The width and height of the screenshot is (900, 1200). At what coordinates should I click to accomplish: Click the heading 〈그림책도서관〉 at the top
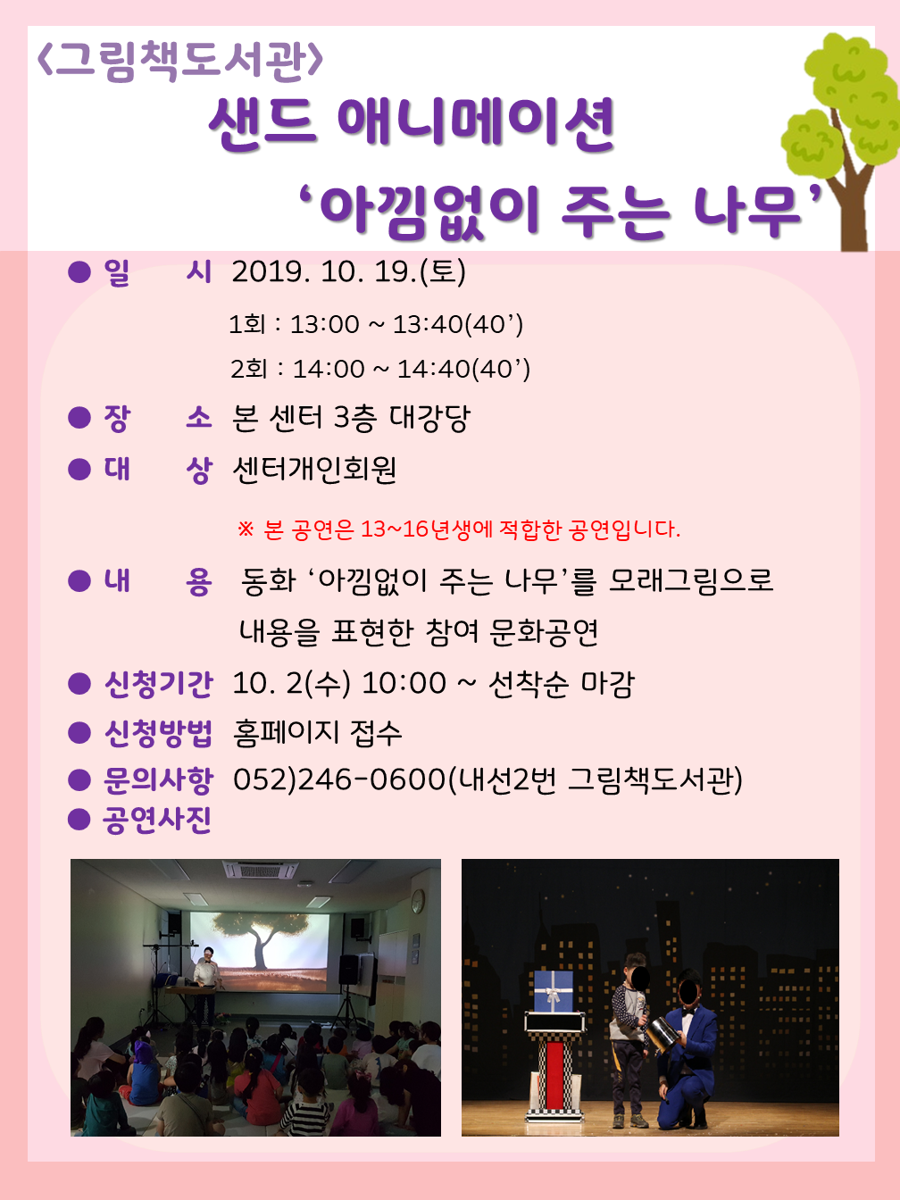[x=180, y=62]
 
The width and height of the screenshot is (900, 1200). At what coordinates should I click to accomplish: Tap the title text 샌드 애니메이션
[x=412, y=125]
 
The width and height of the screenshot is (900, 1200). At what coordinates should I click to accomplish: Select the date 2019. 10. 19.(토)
[x=348, y=271]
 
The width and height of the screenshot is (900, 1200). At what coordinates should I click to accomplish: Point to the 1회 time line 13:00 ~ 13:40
[x=376, y=324]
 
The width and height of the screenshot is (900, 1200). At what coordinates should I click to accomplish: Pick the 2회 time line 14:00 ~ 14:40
[x=380, y=369]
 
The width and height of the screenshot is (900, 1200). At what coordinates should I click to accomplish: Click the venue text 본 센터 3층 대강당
[x=351, y=419]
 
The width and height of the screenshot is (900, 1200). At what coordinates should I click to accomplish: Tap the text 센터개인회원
[x=314, y=470]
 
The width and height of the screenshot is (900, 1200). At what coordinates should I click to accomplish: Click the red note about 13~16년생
[x=459, y=529]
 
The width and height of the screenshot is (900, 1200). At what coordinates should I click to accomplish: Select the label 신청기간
[x=158, y=684]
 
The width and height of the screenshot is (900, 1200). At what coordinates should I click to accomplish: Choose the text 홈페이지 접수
[x=318, y=733]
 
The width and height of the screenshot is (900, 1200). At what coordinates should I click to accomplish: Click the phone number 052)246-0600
[x=339, y=779]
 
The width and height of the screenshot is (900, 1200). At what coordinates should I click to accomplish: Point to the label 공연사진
[x=157, y=820]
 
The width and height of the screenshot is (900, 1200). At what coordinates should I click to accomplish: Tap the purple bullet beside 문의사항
[x=79, y=780]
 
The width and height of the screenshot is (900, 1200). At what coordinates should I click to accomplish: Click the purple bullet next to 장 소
[x=79, y=418]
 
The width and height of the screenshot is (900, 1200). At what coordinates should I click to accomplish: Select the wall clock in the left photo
[x=418, y=901]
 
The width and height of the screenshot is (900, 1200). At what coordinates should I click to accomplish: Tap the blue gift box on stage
[x=553, y=990]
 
